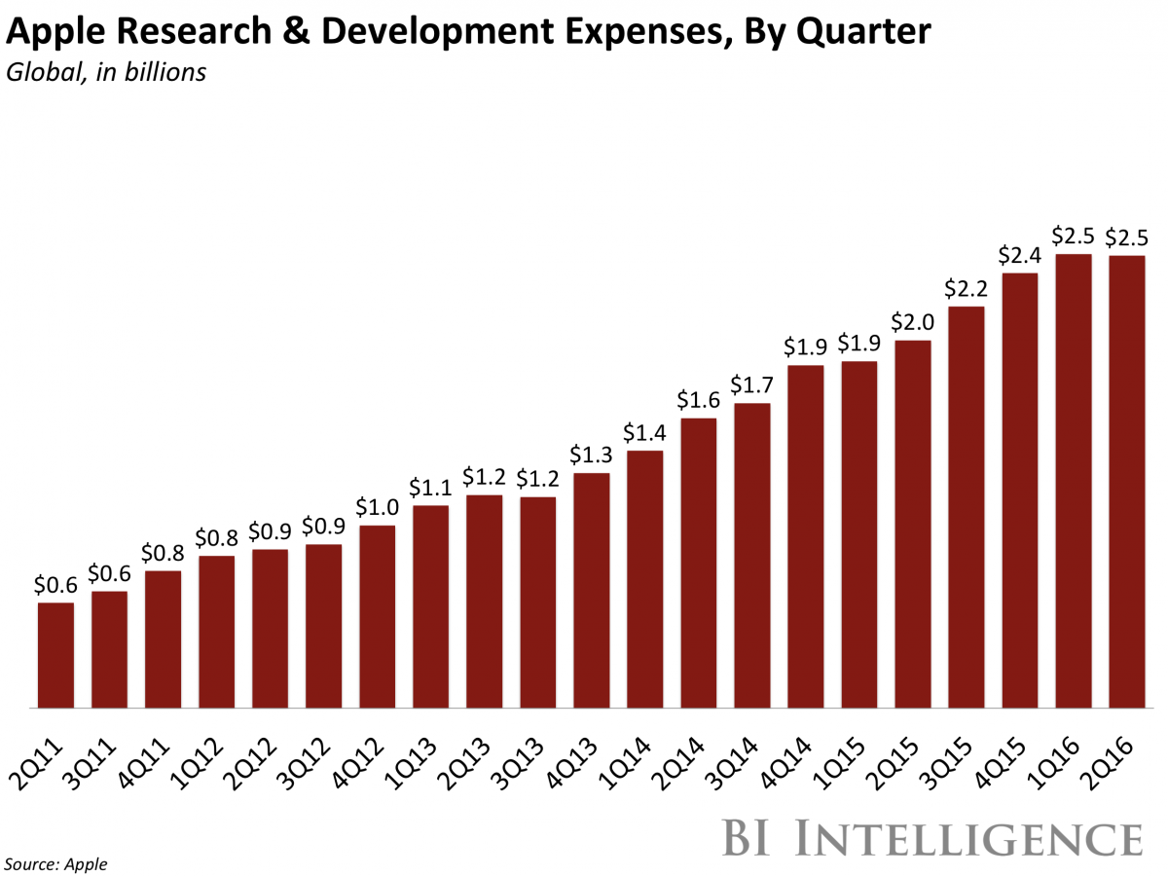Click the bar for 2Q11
coord(55,655)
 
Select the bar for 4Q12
coord(378,616)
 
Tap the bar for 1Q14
coord(645,579)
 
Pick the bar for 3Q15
coord(967,507)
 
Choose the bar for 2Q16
coord(1127,481)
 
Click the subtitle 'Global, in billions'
coord(106,72)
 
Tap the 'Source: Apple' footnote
coord(57,862)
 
